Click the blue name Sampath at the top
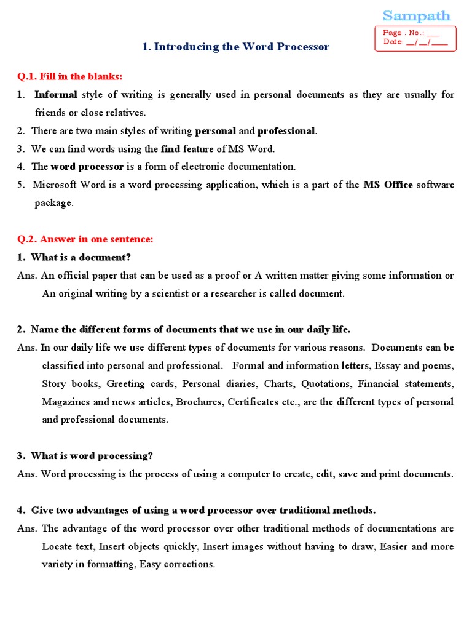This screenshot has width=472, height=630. tap(416, 15)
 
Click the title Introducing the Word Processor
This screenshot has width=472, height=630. tap(235, 47)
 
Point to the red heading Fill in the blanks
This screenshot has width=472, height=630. tap(69, 76)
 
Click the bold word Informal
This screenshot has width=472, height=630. tap(56, 95)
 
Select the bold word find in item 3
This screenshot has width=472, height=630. tap(170, 148)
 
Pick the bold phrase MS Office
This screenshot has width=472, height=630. tap(388, 185)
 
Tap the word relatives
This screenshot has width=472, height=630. tap(127, 113)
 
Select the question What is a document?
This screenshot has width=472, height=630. tap(81, 257)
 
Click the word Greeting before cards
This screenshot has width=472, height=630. tap(127, 384)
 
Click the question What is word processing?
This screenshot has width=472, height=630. tap(92, 456)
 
